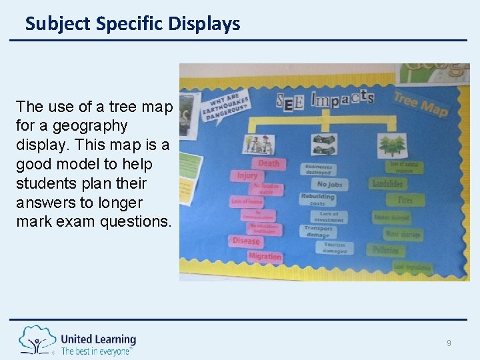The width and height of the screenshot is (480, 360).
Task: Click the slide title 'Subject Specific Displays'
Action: pos(132,24)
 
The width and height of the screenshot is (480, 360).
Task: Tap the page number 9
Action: pos(449,343)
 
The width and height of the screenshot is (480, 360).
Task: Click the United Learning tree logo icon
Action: pos(37,340)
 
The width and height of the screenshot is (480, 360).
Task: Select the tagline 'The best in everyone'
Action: pos(97,351)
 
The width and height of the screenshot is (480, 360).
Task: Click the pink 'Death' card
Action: pos(268,163)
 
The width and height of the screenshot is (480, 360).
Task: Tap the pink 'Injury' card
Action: pos(247,175)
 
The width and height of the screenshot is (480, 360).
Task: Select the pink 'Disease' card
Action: pos(246,241)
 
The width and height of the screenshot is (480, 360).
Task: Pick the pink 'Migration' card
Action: pos(264,256)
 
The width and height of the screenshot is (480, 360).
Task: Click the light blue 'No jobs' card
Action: pos(329,184)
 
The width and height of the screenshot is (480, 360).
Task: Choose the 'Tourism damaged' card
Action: pos(335,247)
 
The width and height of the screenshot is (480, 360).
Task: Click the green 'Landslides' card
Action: pos(389,183)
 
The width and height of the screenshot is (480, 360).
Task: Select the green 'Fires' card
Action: pos(405,200)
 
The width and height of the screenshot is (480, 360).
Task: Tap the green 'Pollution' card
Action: pos(386,251)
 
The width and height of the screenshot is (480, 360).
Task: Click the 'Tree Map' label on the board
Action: pos(420,103)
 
